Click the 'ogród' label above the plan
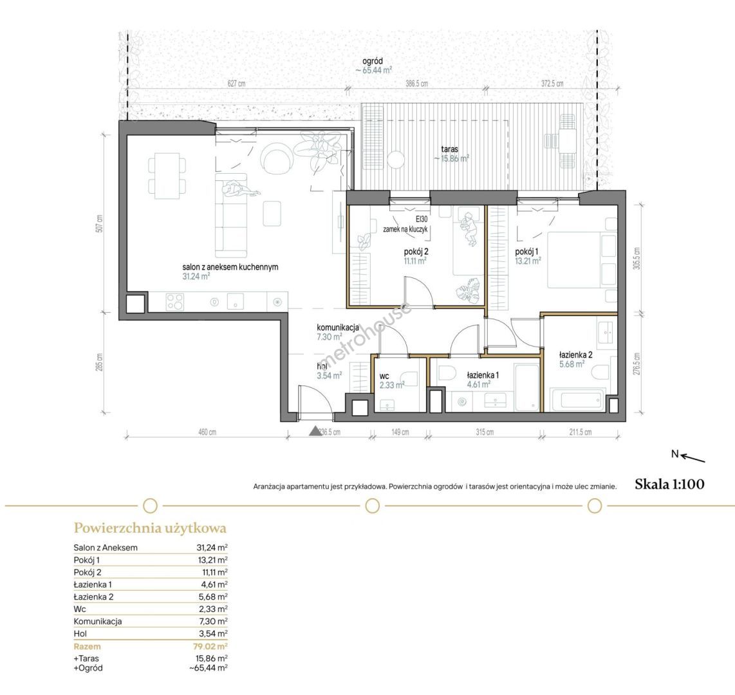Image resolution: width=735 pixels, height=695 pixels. (x=373, y=61)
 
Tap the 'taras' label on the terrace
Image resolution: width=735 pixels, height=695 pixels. (x=449, y=149)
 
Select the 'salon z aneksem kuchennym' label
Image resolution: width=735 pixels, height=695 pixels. (x=230, y=267)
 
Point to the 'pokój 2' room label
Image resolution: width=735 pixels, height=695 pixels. (x=416, y=252)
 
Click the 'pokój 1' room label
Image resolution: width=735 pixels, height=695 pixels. (x=526, y=252)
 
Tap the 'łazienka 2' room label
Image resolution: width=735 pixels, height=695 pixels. (x=575, y=355)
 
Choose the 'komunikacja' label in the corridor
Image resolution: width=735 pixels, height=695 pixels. (x=338, y=328)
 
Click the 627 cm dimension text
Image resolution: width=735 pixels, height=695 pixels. (x=236, y=84)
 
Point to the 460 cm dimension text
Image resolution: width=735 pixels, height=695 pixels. (x=207, y=432)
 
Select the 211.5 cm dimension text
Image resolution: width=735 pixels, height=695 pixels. (x=581, y=432)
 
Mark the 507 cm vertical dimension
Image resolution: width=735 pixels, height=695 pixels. (x=99, y=224)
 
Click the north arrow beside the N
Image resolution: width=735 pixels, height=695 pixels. (x=693, y=458)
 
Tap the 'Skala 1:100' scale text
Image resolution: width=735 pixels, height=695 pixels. (x=669, y=484)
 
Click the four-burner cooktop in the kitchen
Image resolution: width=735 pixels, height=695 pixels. (x=175, y=302)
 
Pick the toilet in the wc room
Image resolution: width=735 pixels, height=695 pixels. (x=409, y=379)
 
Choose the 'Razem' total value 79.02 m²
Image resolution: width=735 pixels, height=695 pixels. (x=210, y=646)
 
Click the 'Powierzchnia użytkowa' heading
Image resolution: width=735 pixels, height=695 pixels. (x=150, y=528)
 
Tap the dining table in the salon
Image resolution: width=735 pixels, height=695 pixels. (x=167, y=176)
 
